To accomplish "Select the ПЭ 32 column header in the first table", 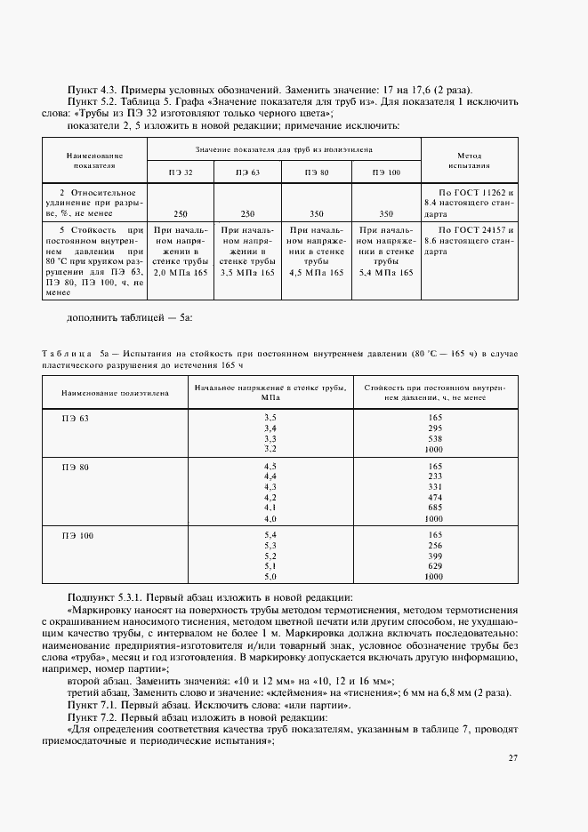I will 181,172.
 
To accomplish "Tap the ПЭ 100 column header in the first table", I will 386,172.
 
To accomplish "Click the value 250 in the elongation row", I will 181,214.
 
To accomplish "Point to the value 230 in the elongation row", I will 247,214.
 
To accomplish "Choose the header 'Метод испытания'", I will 468,160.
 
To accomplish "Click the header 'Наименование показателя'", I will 94,160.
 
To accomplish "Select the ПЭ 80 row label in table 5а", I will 76,467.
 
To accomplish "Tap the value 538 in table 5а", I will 434,438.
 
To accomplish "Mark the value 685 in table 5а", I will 434,508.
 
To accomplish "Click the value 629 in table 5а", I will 434,566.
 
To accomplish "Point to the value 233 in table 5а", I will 434,476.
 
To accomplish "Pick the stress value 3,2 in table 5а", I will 270,449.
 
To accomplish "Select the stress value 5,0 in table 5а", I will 270,577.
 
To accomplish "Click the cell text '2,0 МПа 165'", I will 181,272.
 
